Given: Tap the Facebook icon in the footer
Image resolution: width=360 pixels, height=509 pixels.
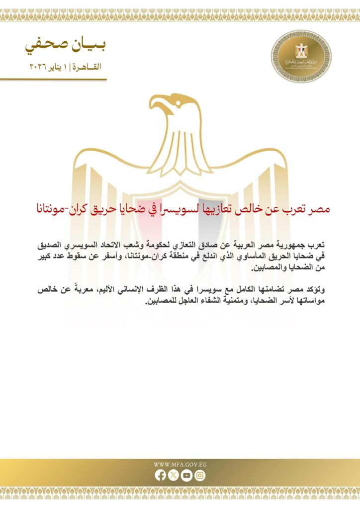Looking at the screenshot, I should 160,475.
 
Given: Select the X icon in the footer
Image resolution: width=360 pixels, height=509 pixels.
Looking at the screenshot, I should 173,475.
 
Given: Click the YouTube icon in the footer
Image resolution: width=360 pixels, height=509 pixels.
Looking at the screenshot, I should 186,475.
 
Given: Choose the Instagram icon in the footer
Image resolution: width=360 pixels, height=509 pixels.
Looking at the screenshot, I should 199,475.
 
